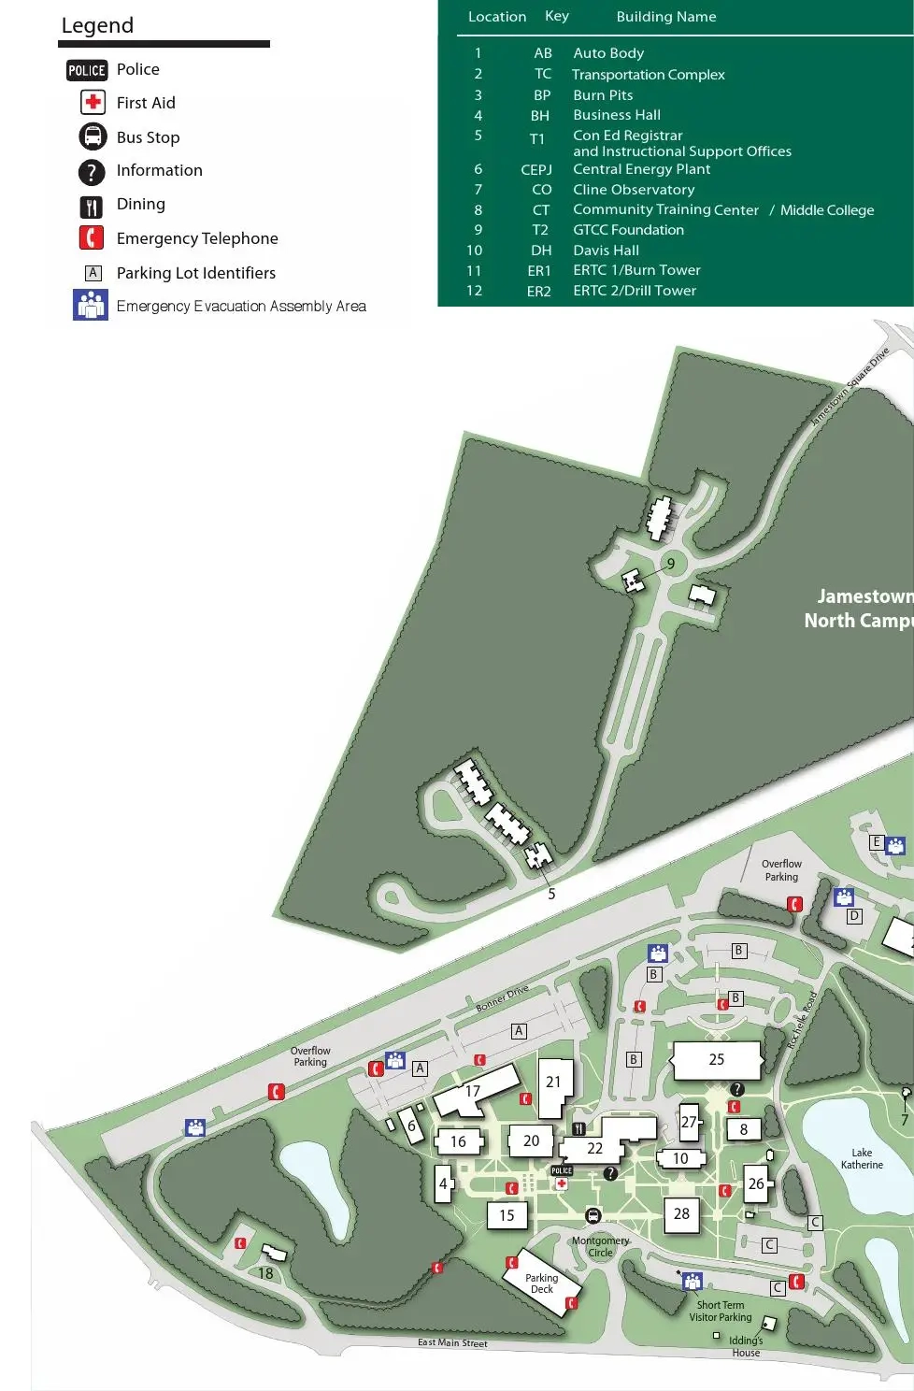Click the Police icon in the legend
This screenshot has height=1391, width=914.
tap(87, 70)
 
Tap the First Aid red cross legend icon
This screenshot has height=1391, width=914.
tap(93, 103)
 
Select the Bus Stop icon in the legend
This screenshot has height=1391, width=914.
tap(93, 137)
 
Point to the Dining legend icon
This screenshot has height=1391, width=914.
tap(91, 207)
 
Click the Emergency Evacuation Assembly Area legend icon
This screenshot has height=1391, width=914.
tap(91, 305)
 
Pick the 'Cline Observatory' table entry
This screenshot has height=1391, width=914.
tap(633, 190)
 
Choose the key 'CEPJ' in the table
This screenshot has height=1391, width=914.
tap(536, 169)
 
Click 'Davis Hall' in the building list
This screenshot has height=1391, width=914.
tap(606, 251)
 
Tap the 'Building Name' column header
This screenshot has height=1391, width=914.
tap(665, 17)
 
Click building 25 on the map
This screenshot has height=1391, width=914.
tap(716, 1059)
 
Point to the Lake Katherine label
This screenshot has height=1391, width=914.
tap(861, 1158)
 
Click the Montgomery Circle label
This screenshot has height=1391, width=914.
tap(600, 1246)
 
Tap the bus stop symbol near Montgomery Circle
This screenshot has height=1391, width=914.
tap(593, 1215)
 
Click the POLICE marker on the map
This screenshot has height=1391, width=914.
tap(562, 1170)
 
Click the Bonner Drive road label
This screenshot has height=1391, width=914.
tap(502, 997)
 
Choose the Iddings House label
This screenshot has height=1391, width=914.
tap(746, 1346)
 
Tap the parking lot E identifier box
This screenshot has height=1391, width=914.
tap(876, 842)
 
